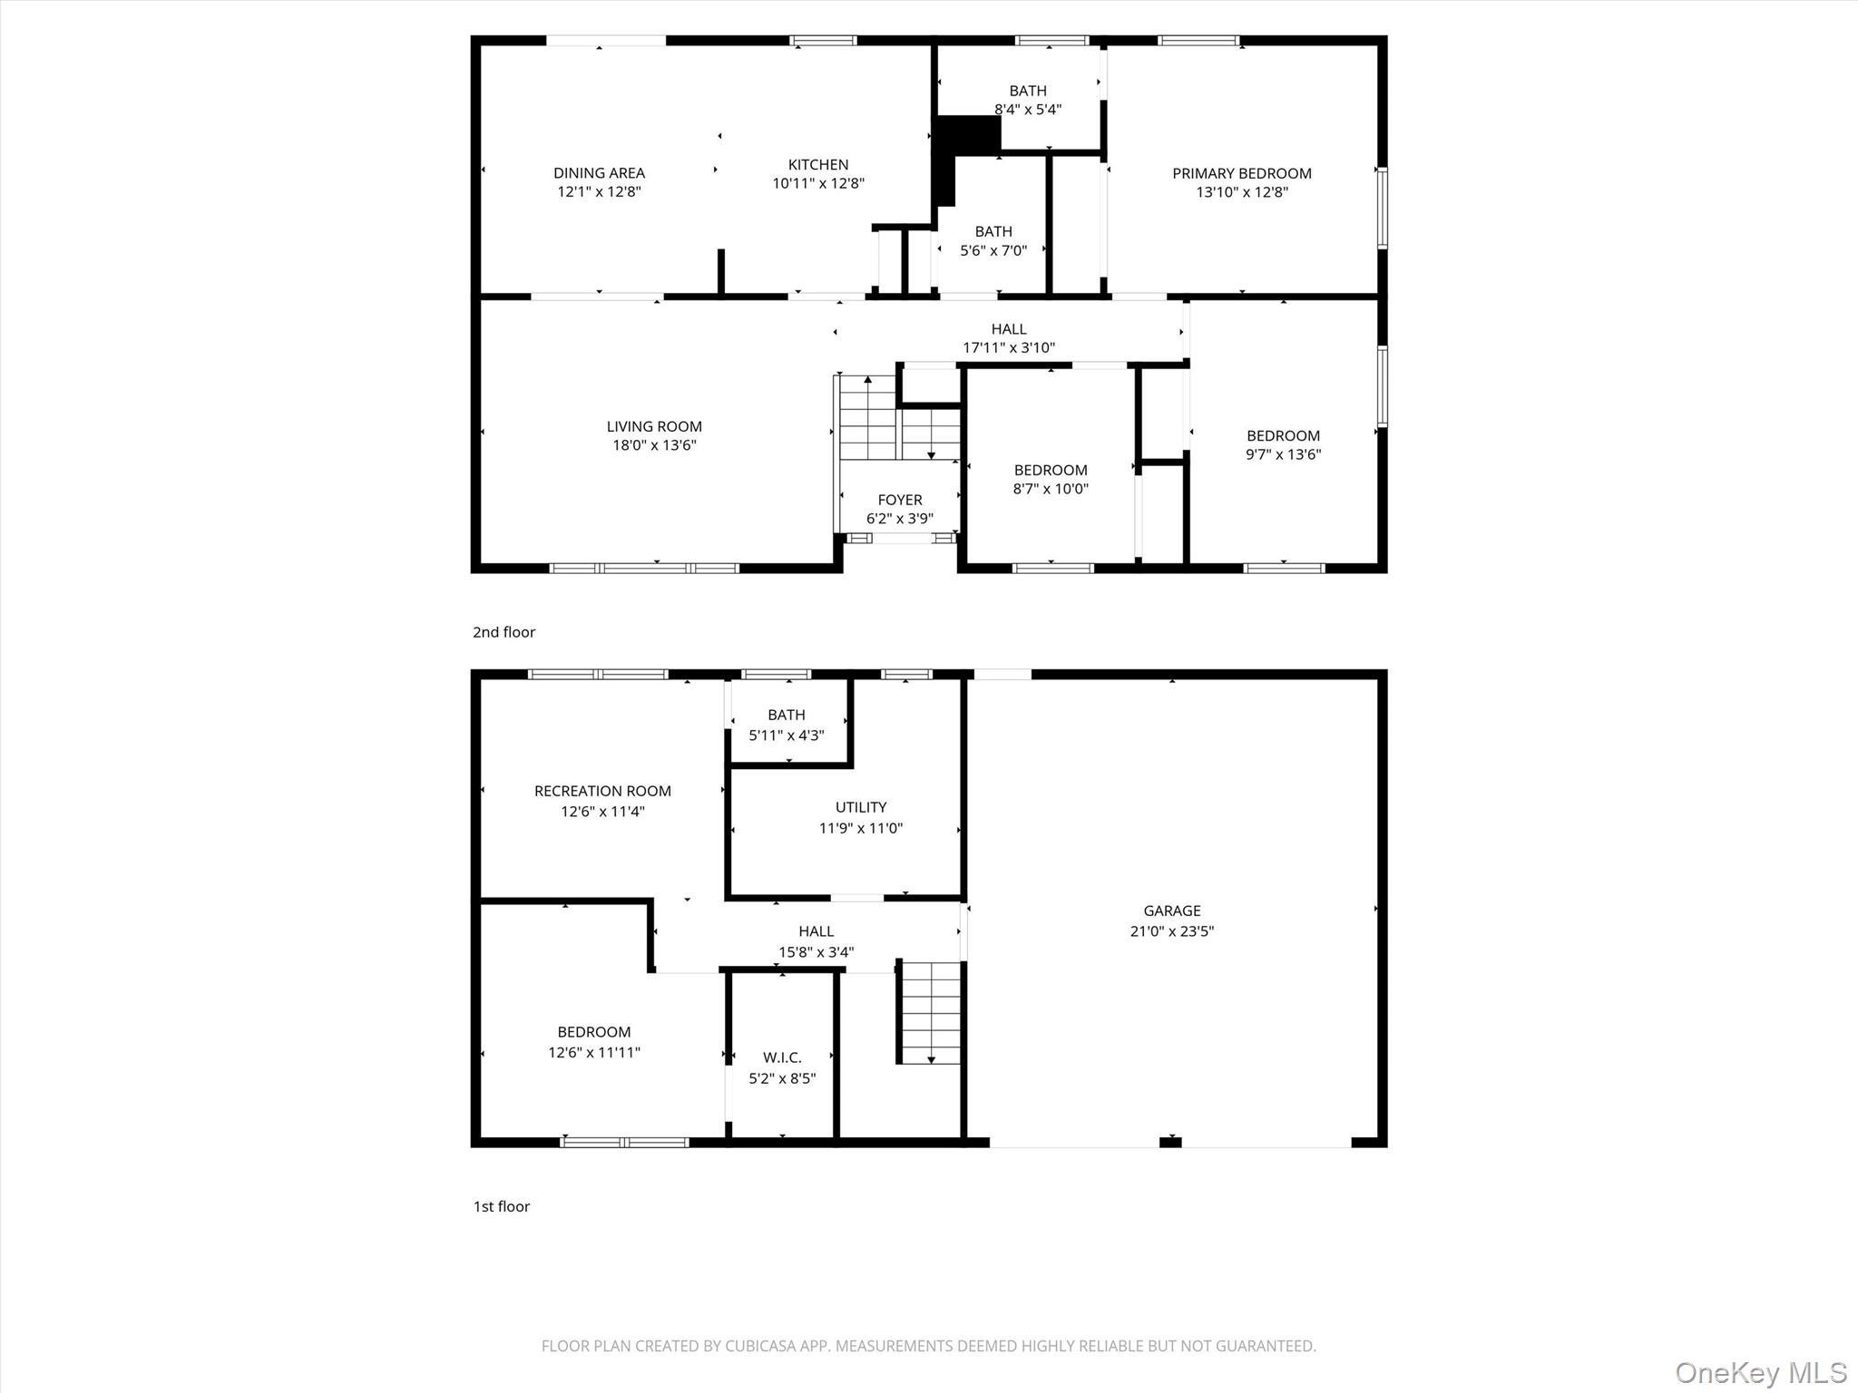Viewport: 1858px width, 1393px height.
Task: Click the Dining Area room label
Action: [x=599, y=172]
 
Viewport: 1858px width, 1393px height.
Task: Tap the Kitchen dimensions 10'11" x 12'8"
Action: [x=817, y=183]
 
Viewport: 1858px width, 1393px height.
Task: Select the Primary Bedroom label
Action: [x=1241, y=173]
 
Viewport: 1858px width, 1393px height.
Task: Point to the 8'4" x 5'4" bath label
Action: [x=1027, y=100]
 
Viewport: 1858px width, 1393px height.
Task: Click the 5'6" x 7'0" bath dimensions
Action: [x=993, y=250]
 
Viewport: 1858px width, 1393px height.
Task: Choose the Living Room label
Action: [x=653, y=426]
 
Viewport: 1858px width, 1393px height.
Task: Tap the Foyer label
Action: [x=899, y=500]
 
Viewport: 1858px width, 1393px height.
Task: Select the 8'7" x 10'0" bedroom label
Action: [x=1050, y=479]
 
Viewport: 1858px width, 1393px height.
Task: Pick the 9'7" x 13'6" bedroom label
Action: [x=1282, y=444]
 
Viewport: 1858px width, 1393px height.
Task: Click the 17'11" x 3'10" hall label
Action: [x=1008, y=338]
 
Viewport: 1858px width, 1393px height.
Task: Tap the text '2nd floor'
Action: [x=504, y=632]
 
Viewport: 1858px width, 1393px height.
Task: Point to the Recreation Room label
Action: [x=602, y=791]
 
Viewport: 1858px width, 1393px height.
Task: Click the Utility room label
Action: [x=860, y=807]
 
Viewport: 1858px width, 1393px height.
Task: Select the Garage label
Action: [x=1171, y=911]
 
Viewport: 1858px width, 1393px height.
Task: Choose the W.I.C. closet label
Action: [x=781, y=1057]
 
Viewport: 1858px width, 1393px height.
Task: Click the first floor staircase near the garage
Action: [x=930, y=1012]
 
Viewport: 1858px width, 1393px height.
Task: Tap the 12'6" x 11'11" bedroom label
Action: [x=593, y=1042]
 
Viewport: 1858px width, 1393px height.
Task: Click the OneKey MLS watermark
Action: [x=1760, y=1372]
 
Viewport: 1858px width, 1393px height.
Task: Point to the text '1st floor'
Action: [x=501, y=1206]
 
